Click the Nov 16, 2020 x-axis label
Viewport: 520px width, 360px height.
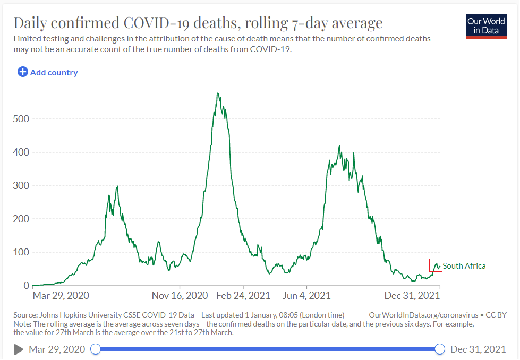click(x=180, y=295)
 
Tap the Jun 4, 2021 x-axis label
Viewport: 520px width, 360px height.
click(x=308, y=295)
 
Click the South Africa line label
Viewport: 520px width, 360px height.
click(x=464, y=265)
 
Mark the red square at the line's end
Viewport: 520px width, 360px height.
click(x=436, y=265)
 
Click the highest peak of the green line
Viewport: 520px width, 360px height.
click(x=218, y=93)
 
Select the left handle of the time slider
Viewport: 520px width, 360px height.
click(x=96, y=349)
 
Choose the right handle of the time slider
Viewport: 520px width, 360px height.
click(x=440, y=349)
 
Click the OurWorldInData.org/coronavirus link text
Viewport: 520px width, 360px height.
click(x=421, y=315)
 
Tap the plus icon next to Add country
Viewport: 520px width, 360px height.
click(x=23, y=72)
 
